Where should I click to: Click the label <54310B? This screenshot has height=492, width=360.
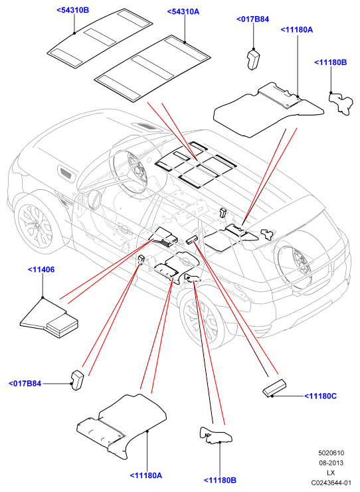[x=73, y=10]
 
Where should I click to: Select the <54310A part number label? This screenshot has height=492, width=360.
[x=183, y=11]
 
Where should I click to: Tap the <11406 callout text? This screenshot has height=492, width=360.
[x=41, y=270]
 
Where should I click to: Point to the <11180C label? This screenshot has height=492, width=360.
[x=320, y=396]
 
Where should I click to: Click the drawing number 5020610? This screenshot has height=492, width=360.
[x=331, y=453]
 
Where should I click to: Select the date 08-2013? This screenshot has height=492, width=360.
[x=331, y=463]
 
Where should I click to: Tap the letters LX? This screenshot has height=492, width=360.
[x=331, y=473]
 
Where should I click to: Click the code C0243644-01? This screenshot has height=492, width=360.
[x=331, y=483]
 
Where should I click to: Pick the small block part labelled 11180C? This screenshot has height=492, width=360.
[x=274, y=388]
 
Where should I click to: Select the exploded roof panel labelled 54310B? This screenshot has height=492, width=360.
[x=100, y=38]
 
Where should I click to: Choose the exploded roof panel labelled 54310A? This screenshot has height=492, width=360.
[x=153, y=68]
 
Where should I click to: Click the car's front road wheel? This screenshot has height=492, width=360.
[x=36, y=225]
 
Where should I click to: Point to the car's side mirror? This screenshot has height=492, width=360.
[x=95, y=199]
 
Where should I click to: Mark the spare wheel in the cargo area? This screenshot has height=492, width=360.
[x=294, y=260]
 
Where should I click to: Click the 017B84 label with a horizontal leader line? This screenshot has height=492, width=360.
[x=25, y=383]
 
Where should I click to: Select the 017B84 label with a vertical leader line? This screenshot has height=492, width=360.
[x=252, y=19]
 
